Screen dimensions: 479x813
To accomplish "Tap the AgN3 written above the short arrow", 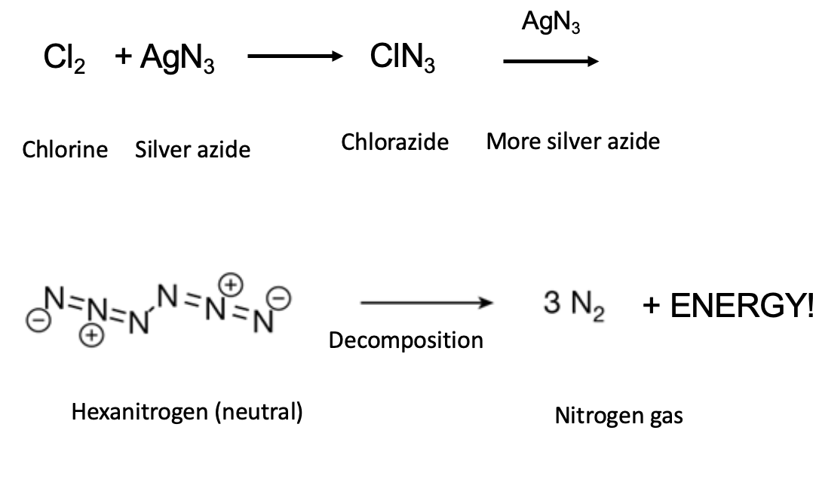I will (551, 23).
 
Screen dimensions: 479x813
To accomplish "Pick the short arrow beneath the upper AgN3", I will (551, 62).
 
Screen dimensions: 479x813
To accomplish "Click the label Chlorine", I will (65, 149).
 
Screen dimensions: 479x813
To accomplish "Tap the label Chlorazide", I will (394, 142).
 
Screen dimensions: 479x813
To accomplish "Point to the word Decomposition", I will (406, 340).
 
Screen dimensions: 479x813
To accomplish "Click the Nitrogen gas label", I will (618, 415).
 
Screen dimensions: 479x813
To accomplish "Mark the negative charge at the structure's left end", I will (38, 320).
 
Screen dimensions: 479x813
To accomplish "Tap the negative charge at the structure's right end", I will (279, 299).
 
